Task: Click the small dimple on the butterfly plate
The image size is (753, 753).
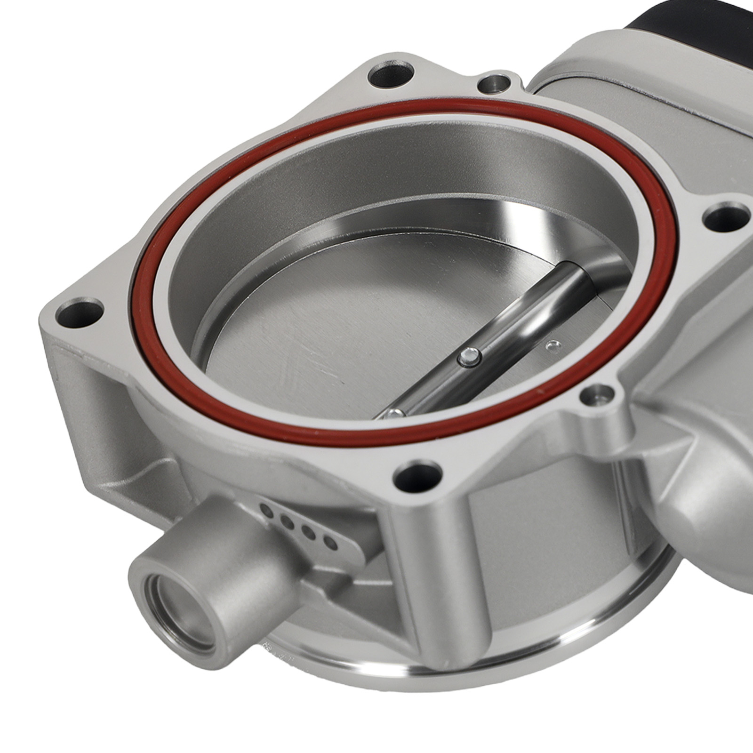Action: (552, 346)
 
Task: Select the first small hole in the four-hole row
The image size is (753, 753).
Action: (266, 509)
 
